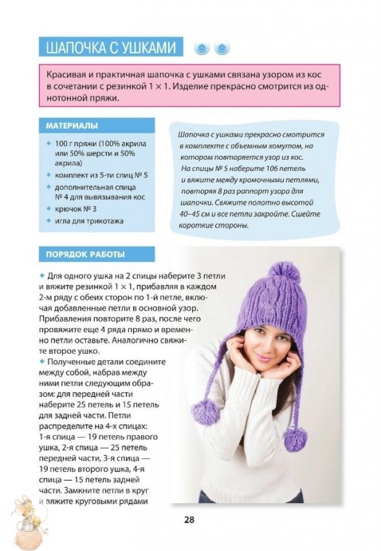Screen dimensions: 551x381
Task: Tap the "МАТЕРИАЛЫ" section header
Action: [x=72, y=125]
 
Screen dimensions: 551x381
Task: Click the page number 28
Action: [x=190, y=520]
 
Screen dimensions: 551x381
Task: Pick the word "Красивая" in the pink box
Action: [x=67, y=73]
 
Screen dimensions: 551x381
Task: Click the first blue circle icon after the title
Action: [x=202, y=48]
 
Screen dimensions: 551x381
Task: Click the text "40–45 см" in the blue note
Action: [x=198, y=214]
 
